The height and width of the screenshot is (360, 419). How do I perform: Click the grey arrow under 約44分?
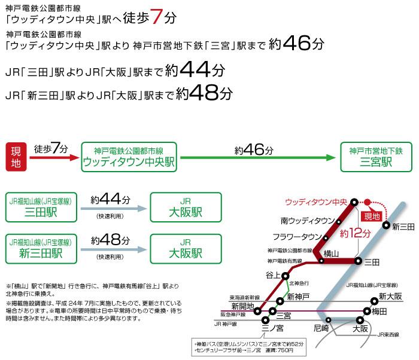pos(111,209)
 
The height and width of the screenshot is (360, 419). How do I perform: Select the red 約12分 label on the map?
pos(356,233)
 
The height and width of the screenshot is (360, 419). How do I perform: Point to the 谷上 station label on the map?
pos(273,274)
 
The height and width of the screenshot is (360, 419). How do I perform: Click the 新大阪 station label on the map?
pos(390,297)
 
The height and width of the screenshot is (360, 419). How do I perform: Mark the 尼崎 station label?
pos(321,329)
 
